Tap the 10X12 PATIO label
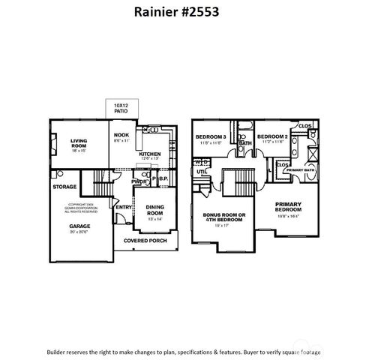121,108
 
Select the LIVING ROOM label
79,143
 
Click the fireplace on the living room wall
52,143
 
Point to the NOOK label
121,136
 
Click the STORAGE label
64,186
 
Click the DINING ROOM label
154,213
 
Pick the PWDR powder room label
138,181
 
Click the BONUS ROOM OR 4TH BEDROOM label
224,218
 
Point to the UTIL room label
202,172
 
